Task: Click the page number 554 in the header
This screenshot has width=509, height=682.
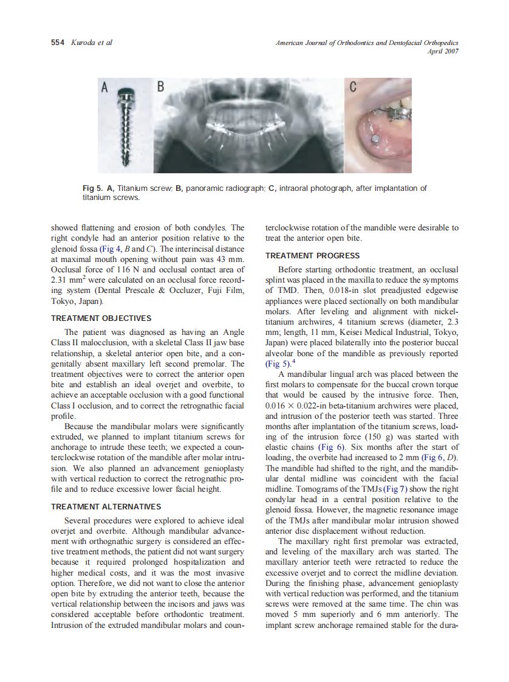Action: [59, 43]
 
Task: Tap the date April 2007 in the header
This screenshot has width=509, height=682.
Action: [443, 52]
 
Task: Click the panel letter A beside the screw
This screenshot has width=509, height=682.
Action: [104, 88]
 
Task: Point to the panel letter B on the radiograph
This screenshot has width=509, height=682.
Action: [160, 88]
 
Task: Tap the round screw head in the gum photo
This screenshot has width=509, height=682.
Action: [377, 139]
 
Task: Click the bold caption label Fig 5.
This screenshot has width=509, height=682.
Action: [92, 188]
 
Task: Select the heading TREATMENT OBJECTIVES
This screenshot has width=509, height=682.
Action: [101, 319]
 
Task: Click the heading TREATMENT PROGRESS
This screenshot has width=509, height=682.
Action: [312, 256]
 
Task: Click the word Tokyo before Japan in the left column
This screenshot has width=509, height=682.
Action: [63, 301]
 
